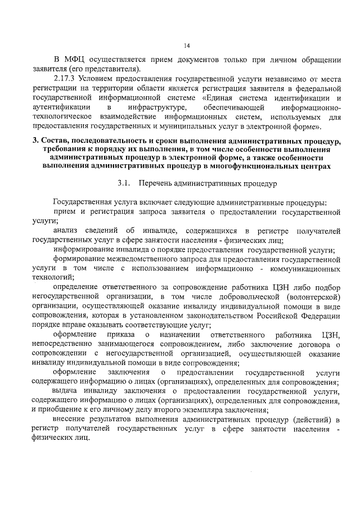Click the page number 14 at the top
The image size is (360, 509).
(187, 46)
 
